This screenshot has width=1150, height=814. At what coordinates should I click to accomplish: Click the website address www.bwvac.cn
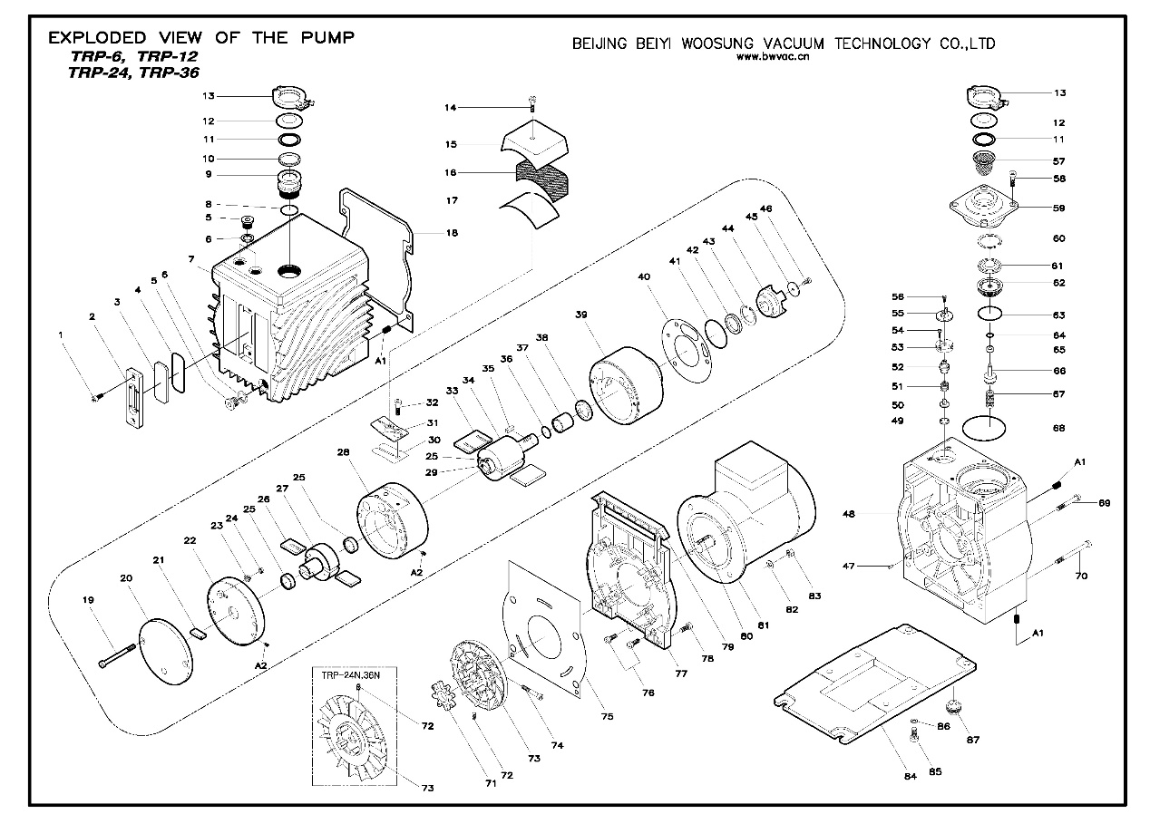coord(772,56)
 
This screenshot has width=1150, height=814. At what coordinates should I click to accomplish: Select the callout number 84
coord(911,775)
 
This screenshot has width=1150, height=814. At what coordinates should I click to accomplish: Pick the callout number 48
coord(849,514)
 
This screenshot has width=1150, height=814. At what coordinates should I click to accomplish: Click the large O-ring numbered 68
coord(988,427)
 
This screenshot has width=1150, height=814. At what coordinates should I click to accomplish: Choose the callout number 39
coord(581,315)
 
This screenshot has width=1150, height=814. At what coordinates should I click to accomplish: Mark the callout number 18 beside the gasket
coord(452,233)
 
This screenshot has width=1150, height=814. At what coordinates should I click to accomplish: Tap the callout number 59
coord(1059,208)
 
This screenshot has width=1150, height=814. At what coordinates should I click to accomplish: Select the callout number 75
coord(606,716)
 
